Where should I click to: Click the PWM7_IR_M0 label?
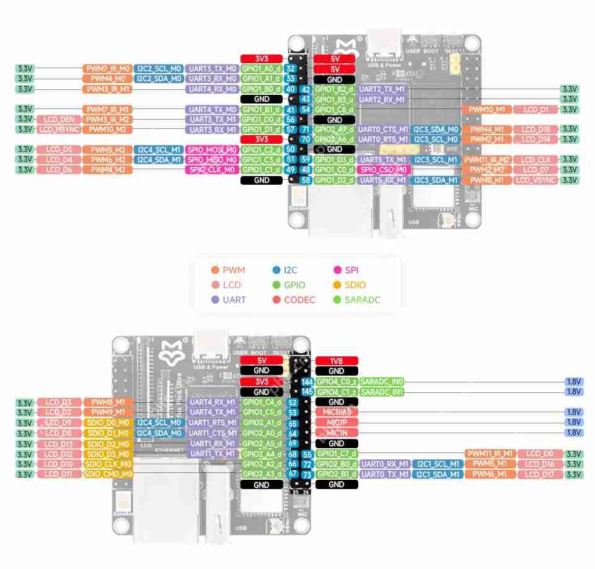click(107, 68)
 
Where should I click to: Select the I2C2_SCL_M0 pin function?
click(159, 68)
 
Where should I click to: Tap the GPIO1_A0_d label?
click(262, 68)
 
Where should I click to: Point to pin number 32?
click(290, 68)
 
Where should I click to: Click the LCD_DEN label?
click(59, 119)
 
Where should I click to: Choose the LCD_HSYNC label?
click(59, 130)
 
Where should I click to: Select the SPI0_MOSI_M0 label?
click(212, 150)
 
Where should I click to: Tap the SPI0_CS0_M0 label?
click(384, 169)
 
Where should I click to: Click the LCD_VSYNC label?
click(536, 180)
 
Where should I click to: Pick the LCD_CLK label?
click(536, 160)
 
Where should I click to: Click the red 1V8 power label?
click(337, 361)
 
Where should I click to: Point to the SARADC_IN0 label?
click(382, 382)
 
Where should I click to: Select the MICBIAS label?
click(337, 412)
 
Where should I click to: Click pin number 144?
click(307, 382)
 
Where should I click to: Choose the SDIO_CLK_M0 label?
click(108, 464)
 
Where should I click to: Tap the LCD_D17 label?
click(540, 474)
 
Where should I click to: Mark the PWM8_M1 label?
click(108, 402)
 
